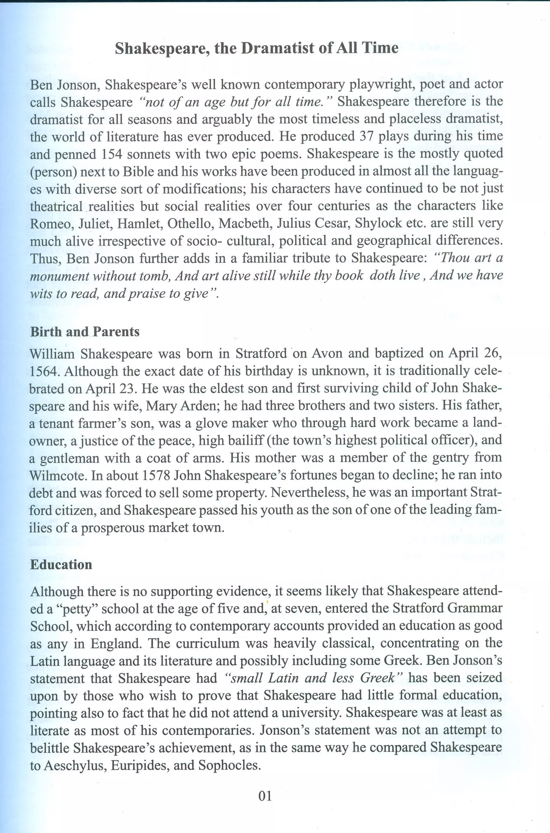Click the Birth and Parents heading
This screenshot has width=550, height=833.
click(x=85, y=331)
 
